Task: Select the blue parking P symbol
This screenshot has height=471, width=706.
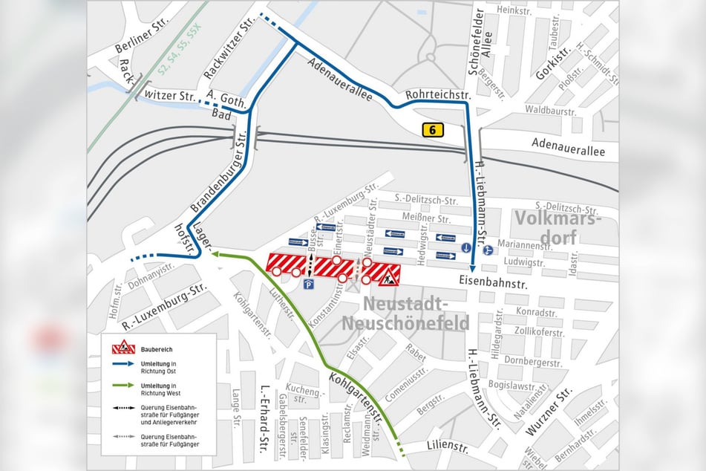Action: [310, 284]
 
